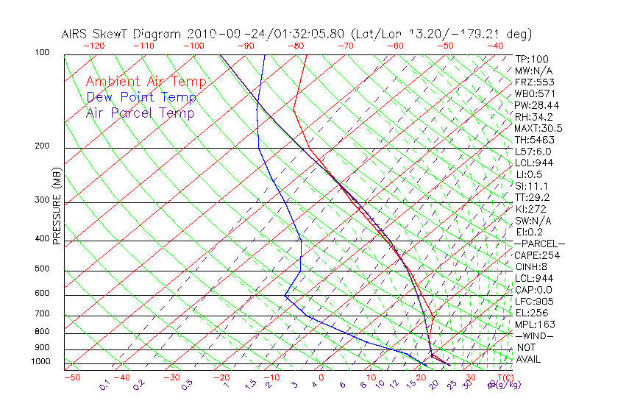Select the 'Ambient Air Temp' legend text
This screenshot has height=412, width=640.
tap(146, 82)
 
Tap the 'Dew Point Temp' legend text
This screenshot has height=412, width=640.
tap(141, 97)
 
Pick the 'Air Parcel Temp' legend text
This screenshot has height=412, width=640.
tap(140, 113)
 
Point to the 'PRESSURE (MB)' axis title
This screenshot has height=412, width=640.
tap(56, 207)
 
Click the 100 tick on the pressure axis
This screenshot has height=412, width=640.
tap(42, 54)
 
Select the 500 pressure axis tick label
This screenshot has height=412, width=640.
tap(42, 269)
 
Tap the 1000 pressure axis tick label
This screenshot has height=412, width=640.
tap(40, 362)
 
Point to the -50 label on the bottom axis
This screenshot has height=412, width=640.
tap(71, 377)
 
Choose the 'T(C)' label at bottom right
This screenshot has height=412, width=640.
tap(505, 377)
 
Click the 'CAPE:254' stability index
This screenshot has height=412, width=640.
tap(537, 255)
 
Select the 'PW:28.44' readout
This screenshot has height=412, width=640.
tap(537, 105)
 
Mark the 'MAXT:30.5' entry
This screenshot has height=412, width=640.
tap(539, 128)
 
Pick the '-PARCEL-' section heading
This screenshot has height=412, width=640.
tap(539, 244)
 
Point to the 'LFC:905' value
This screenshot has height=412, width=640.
tap(534, 301)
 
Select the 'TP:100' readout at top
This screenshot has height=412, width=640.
tap(532, 59)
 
